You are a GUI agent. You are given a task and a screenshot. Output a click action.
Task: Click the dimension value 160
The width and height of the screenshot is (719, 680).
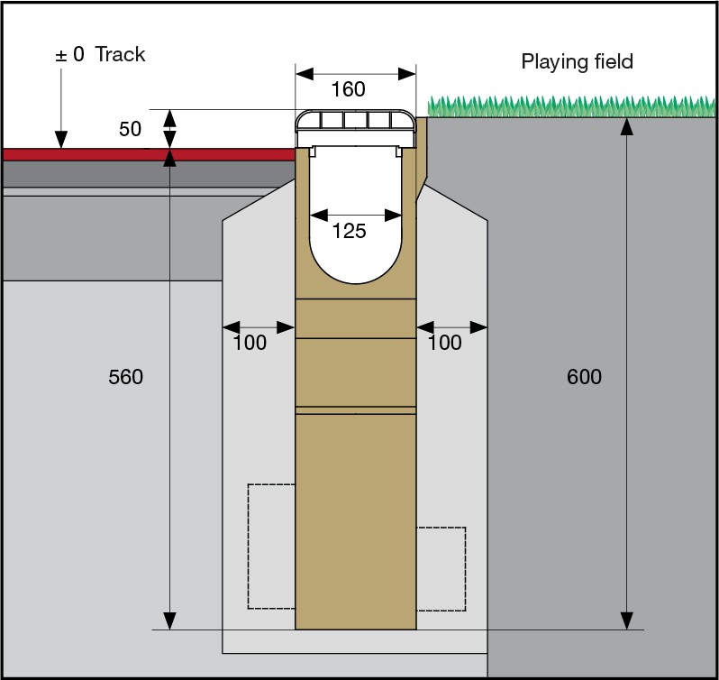click(x=349, y=89)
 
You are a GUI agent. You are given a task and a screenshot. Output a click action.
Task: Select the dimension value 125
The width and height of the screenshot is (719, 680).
click(x=349, y=232)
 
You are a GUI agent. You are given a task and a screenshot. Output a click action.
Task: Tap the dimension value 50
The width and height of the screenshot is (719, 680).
click(x=131, y=129)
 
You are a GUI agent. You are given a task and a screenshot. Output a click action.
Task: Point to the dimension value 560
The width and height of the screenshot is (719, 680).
click(x=125, y=377)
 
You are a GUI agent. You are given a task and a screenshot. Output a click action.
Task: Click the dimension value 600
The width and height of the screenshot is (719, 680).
click(x=584, y=377)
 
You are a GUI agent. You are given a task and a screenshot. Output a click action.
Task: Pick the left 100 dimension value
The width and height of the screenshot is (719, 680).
click(x=250, y=343)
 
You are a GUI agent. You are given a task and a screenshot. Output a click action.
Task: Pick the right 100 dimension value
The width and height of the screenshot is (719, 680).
click(x=445, y=343)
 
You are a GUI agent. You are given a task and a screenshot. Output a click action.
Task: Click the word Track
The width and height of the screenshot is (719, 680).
click(x=121, y=54)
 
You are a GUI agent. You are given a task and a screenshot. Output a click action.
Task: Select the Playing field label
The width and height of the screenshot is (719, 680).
click(x=578, y=61)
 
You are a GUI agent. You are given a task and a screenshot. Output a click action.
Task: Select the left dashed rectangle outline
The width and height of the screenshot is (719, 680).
click(x=271, y=546)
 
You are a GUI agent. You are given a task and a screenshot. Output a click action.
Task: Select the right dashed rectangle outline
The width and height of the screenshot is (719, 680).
click(x=441, y=568)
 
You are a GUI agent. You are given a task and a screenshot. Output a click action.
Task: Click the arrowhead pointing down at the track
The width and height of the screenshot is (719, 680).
click(x=60, y=139)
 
